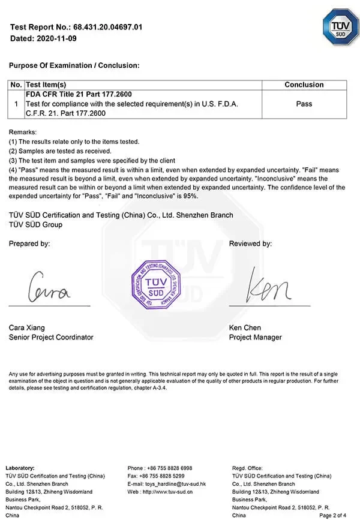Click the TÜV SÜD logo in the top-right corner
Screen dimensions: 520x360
tap(340, 26)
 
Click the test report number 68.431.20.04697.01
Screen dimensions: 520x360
tap(107, 28)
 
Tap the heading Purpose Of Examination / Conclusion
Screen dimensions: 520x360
tap(74, 65)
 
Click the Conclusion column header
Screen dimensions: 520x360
tap(304, 85)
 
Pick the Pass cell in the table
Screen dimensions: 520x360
tap(304, 104)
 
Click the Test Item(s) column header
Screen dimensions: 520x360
tap(46, 85)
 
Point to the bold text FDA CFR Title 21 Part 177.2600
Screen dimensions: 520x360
tap(79, 94)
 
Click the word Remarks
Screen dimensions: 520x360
tap(23, 132)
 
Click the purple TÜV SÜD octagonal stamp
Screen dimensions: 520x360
tap(157, 284)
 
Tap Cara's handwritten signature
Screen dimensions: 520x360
tap(50, 288)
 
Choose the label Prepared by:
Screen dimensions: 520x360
tap(29, 244)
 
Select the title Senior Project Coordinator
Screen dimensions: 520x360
tap(51, 337)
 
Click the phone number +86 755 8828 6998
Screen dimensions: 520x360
tap(168, 468)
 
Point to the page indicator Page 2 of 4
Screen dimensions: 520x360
tap(332, 515)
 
